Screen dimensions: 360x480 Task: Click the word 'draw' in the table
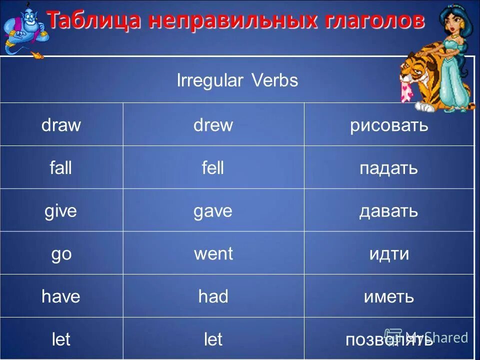[x=61, y=125]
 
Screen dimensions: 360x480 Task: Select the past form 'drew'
[x=213, y=125]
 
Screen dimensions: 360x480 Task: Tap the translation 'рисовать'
[x=389, y=125]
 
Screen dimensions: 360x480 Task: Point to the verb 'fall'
[x=61, y=168]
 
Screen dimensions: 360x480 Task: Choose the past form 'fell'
[x=213, y=168]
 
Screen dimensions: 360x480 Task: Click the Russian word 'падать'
[x=388, y=168]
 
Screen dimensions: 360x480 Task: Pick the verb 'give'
[x=61, y=211]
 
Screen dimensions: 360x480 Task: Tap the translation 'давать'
[x=388, y=211]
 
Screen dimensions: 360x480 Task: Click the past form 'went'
[x=213, y=254]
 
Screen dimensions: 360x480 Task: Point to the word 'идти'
[x=389, y=254]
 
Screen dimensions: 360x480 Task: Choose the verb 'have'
[x=61, y=297]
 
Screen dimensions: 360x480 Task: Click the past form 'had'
[x=213, y=297]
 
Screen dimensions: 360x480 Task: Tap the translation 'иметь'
[x=388, y=297]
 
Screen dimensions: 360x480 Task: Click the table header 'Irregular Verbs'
[x=237, y=81]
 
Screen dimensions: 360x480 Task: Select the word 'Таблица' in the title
[x=92, y=21]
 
